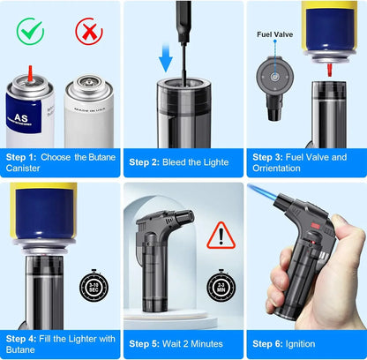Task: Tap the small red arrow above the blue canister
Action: coord(30,71)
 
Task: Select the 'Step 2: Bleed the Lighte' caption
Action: coord(179,162)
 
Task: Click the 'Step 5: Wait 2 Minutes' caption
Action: coord(176,343)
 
